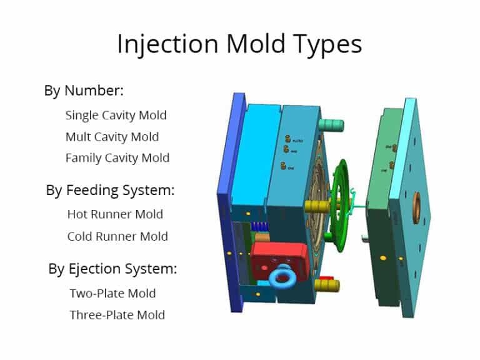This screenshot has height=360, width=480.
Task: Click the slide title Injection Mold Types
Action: point(239,44)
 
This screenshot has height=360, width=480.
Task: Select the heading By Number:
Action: point(84,90)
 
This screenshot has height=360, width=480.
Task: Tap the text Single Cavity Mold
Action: point(116,115)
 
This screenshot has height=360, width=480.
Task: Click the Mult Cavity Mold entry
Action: point(112,136)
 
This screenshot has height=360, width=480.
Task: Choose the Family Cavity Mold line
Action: point(117,157)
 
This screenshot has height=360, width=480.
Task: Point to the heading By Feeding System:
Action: point(110,190)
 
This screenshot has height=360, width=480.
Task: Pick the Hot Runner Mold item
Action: point(115,214)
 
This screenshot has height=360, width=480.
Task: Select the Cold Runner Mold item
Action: point(117,236)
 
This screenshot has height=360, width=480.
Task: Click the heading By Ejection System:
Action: point(113,269)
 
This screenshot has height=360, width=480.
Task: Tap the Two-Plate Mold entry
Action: point(112,293)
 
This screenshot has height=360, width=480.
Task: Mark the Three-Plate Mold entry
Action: point(117,314)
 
